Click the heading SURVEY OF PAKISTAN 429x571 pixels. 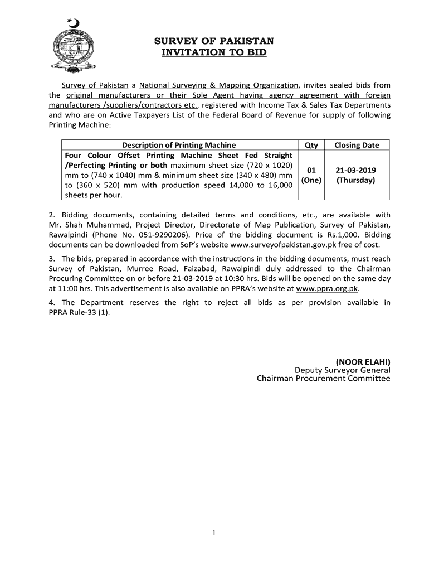coord(214,41)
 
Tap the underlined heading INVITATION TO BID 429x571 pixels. coord(214,53)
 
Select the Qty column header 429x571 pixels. coord(311,145)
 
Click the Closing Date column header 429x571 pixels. coord(357,145)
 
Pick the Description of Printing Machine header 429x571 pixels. coord(179,145)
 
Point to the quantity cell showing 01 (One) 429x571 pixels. coord(311,175)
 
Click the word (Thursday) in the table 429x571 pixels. coord(356,180)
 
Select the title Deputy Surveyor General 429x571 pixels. coord(342,370)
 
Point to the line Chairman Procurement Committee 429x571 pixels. coord(323,379)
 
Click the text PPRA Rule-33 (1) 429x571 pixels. coord(85,312)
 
